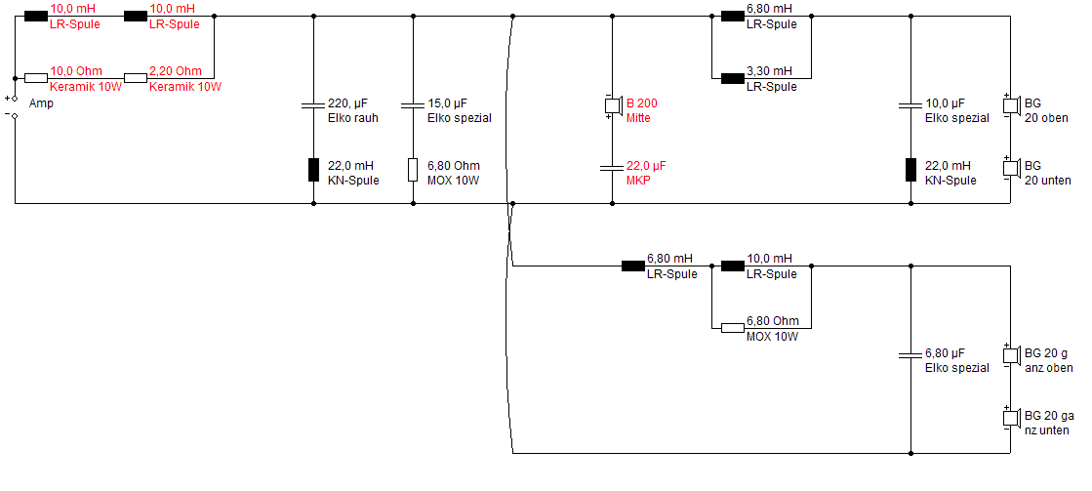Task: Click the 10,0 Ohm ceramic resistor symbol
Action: (35, 78)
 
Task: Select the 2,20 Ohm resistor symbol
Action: (135, 78)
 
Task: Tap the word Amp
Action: (41, 103)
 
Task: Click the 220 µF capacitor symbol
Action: (313, 105)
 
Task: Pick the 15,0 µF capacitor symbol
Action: (413, 105)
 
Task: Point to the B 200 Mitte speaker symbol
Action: (612, 105)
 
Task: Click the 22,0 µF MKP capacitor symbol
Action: (612, 168)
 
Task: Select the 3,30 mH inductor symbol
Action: (732, 78)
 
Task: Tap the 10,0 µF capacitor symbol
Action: (910, 105)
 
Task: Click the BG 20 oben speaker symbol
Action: (1011, 105)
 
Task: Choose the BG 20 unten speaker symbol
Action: (1011, 168)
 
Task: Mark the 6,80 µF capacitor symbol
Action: (910, 355)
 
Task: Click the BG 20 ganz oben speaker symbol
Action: (1011, 355)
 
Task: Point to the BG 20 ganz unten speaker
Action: (1011, 418)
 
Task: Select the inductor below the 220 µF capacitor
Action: (313, 169)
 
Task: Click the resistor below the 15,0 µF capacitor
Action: (413, 169)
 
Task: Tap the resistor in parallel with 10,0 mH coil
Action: (732, 327)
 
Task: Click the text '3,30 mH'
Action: (769, 71)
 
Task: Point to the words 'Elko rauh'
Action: (353, 118)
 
